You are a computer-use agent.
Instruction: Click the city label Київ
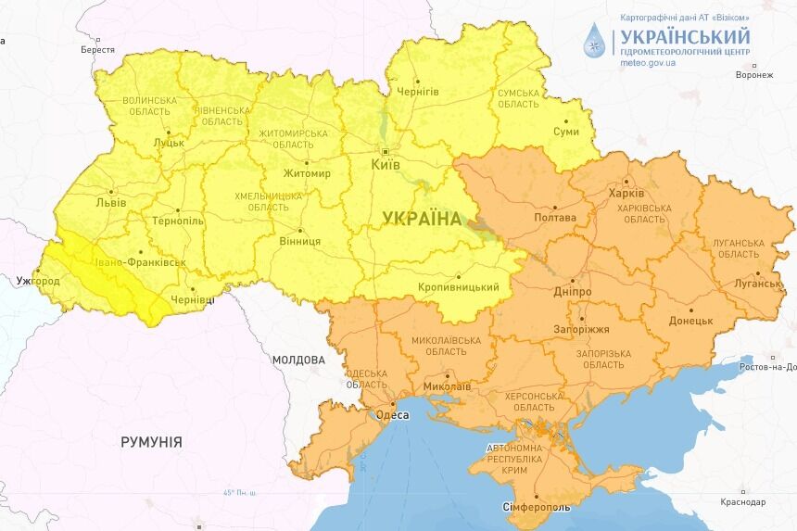[x=385, y=164]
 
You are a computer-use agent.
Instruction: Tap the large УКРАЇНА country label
[x=421, y=219]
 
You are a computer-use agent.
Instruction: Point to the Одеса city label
[x=392, y=416]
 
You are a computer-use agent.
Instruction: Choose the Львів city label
[x=111, y=204]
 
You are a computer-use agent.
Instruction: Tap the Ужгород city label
[x=38, y=280]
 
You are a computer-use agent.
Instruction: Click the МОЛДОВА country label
[x=298, y=360]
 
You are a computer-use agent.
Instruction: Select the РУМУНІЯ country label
[x=151, y=442]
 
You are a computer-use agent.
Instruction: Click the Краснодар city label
[x=742, y=502]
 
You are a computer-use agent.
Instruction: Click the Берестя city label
[x=97, y=49]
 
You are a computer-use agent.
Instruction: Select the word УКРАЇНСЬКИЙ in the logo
[x=685, y=36]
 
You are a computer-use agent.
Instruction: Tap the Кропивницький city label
[x=458, y=287]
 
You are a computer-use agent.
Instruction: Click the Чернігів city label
[x=417, y=92]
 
